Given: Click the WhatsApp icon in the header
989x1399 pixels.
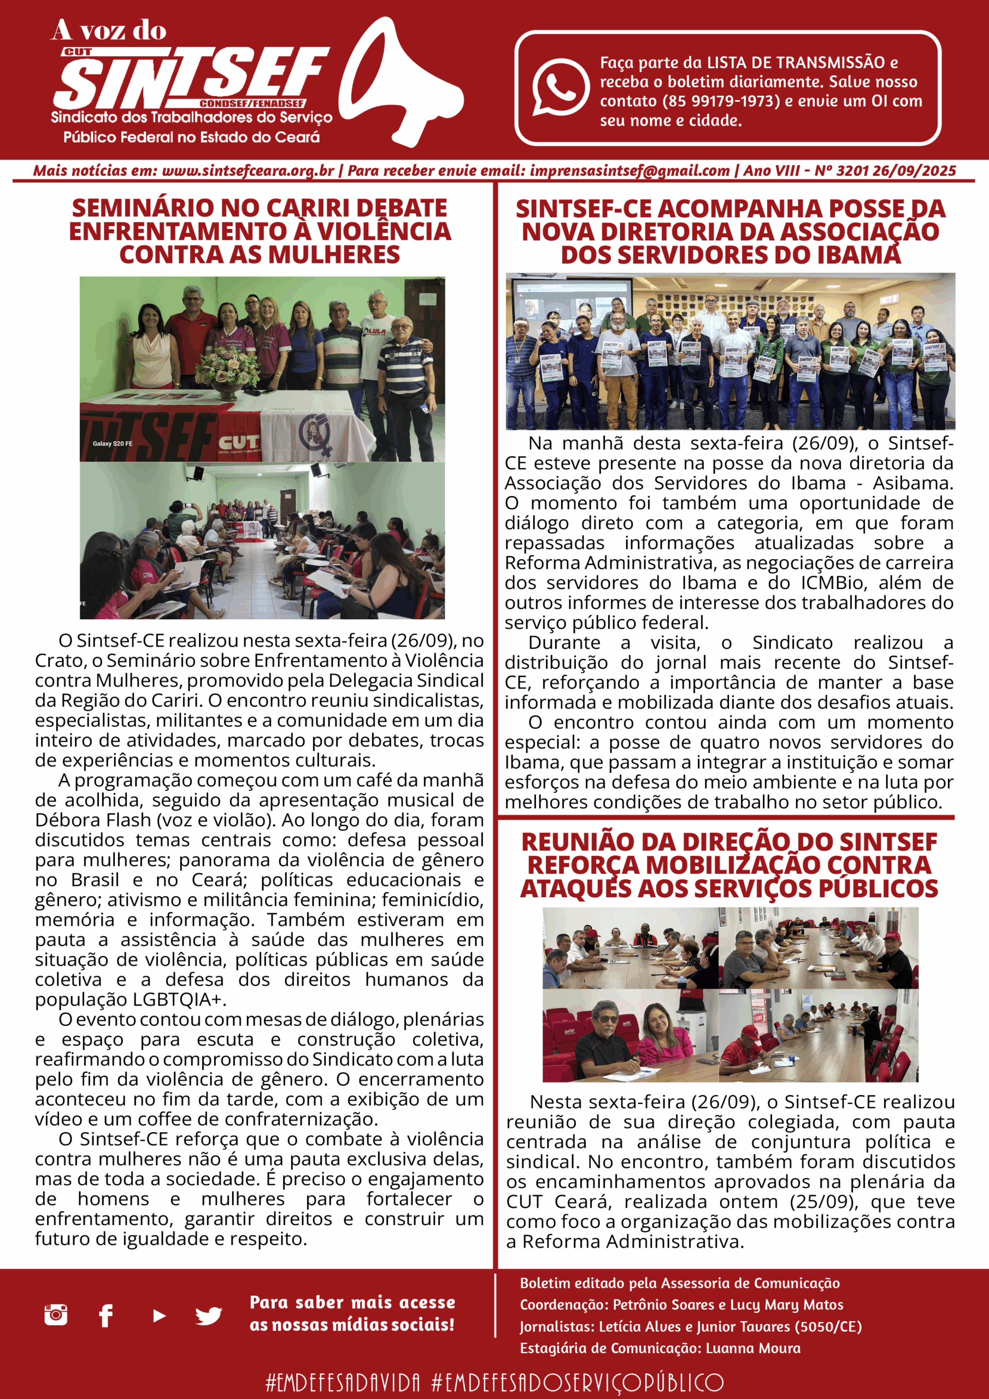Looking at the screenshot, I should pos(560,86).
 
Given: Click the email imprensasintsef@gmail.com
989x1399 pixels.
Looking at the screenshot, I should pos(629,171).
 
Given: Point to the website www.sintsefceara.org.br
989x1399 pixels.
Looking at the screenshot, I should pos(248,171).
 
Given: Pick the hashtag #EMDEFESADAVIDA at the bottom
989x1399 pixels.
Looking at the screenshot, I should pos(343,1382).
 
